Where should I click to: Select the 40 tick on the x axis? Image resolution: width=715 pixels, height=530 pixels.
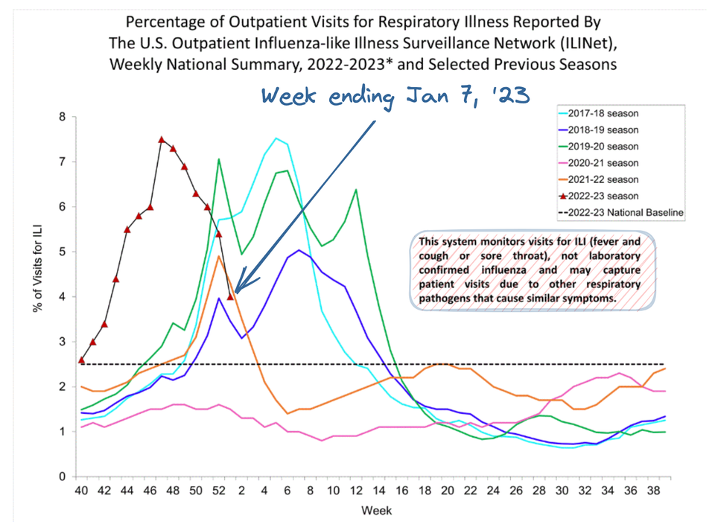coord(81,491)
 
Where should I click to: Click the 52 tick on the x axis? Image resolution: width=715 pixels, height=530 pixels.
coord(219,491)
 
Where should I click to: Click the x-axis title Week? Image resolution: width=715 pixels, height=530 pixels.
coord(376,511)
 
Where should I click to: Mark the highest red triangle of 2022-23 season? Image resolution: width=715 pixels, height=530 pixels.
coord(162,140)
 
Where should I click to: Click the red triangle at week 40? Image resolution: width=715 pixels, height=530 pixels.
coord(81,360)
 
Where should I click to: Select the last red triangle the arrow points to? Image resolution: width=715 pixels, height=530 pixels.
coord(230,296)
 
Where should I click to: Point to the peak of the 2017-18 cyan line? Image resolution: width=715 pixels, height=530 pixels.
coord(276,138)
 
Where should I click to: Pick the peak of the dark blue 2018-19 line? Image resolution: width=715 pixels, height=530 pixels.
coord(299,250)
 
